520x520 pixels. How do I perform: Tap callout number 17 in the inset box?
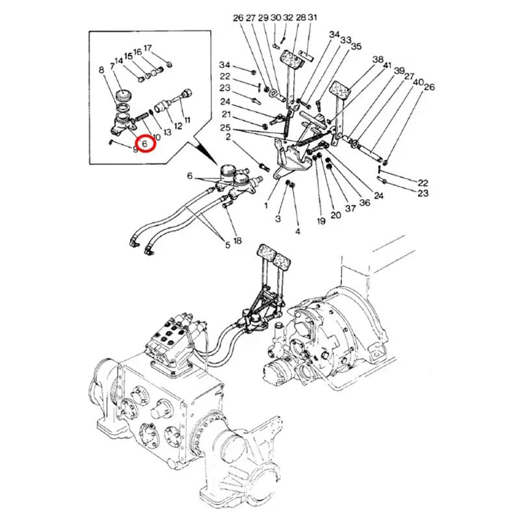coord(148,48)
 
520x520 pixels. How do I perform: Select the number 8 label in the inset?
coord(101,70)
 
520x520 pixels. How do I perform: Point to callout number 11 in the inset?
coord(187,120)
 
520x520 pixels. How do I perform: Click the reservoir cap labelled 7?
coord(122,96)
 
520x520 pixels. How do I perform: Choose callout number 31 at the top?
coord(313,17)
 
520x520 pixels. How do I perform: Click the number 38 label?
coord(378,60)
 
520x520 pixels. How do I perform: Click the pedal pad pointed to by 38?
coord(341,89)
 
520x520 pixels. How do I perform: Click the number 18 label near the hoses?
coord(237,241)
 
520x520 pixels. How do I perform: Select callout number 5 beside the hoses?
coord(227,245)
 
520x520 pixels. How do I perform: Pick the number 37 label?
coord(350,208)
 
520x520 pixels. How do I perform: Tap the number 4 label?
coord(298,231)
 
